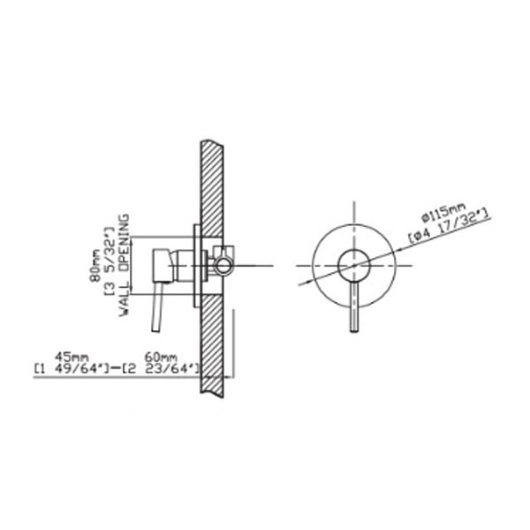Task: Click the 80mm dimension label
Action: tap(96, 265)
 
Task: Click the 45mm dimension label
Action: tap(72, 357)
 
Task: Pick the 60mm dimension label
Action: tap(161, 357)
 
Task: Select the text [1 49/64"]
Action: tap(72, 368)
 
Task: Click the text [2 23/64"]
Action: tap(162, 368)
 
